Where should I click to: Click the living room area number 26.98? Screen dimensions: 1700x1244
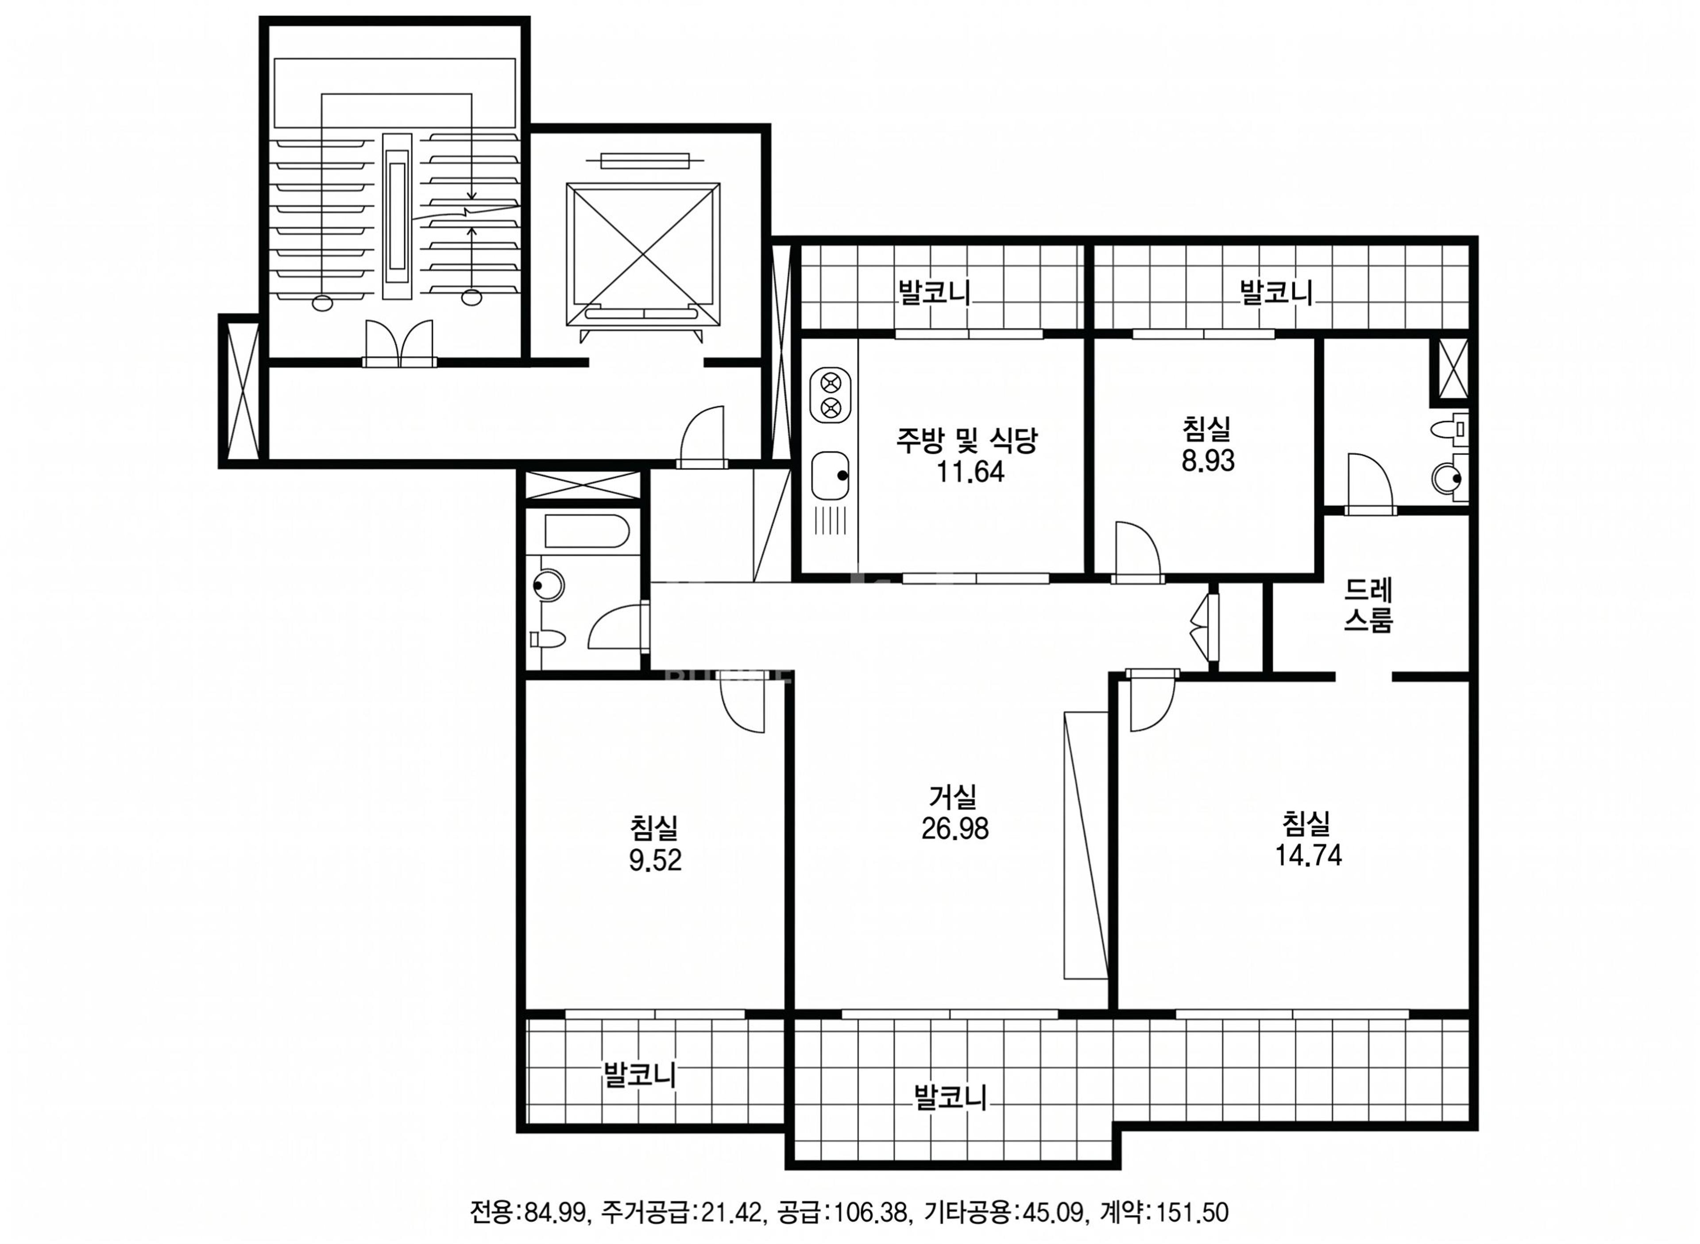tap(954, 828)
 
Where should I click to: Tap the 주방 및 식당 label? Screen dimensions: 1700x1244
tap(967, 440)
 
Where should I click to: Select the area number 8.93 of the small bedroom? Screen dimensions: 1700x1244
tap(1207, 460)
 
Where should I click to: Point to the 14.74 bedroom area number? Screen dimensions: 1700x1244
tap(1308, 855)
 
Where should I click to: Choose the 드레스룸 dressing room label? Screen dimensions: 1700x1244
tap(1368, 605)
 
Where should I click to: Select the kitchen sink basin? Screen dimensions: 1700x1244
tap(830, 476)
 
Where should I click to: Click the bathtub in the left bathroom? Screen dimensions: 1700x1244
tap(586, 531)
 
